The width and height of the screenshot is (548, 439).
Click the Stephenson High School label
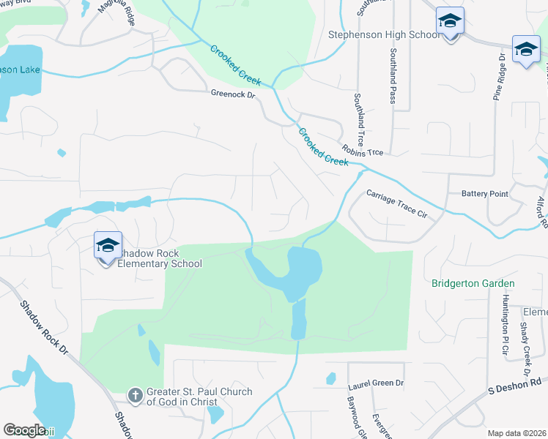click(x=384, y=34)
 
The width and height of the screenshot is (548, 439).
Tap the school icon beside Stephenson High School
click(x=449, y=23)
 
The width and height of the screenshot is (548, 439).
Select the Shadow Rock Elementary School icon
click(x=108, y=247)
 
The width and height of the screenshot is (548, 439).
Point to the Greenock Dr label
click(x=232, y=94)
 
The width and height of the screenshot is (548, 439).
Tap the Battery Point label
click(x=484, y=193)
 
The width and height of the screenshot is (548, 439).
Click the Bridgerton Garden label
click(x=473, y=283)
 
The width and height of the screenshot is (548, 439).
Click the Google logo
click(x=24, y=430)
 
